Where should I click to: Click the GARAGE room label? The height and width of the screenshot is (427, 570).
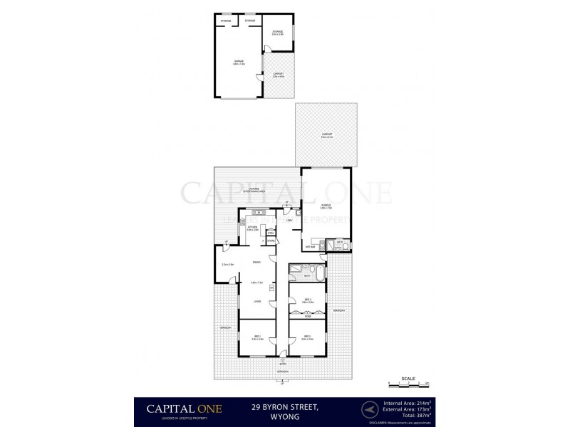[239, 61]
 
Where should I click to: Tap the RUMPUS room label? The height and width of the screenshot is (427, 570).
[325, 207]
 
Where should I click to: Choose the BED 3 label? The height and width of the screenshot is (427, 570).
[307, 300]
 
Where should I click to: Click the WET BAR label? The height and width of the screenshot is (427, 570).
[310, 247]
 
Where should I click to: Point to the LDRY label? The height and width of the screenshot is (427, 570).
[289, 221]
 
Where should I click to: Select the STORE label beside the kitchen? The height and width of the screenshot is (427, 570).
[271, 241]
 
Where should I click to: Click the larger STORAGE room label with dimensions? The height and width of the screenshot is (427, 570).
[277, 32]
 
